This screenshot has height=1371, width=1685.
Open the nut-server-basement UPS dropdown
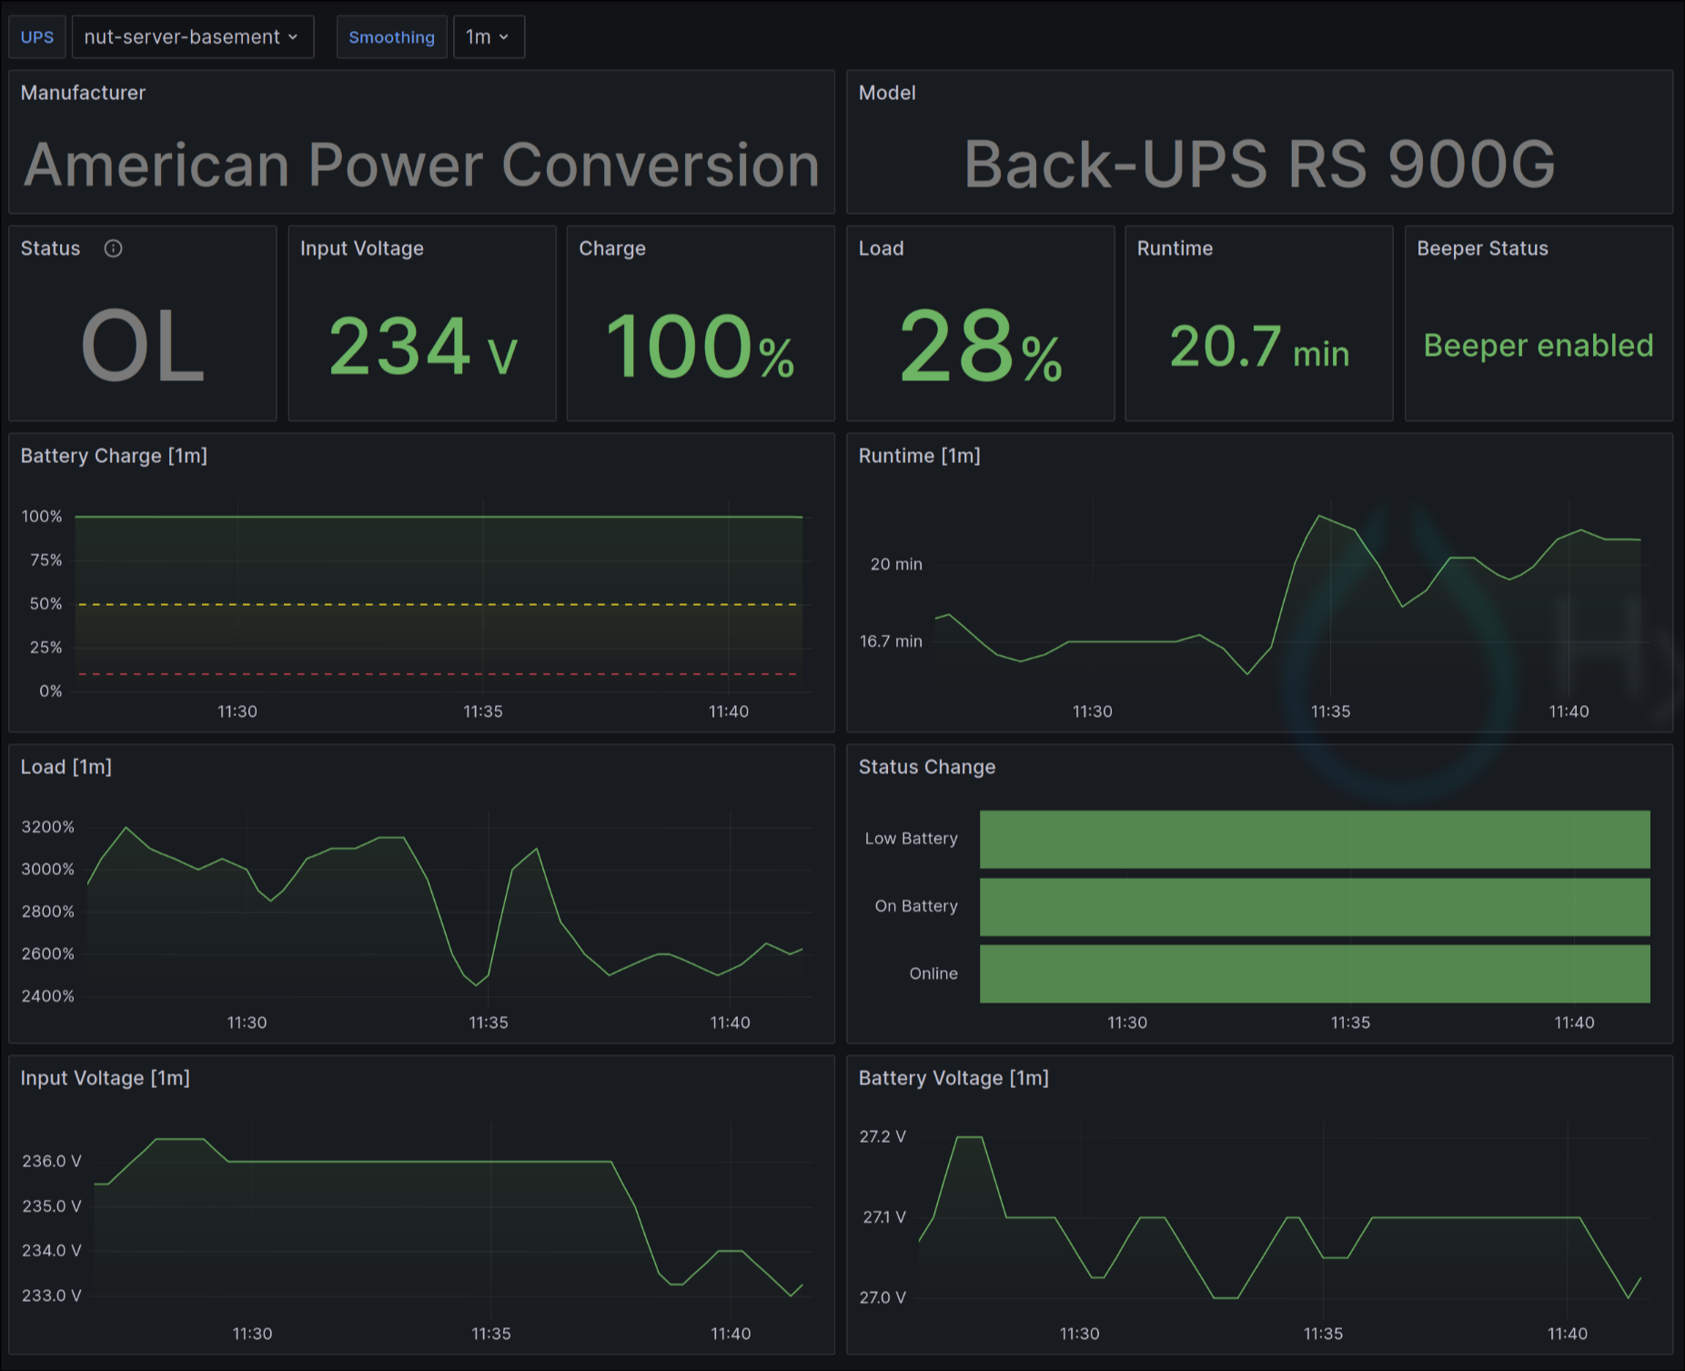click(x=192, y=37)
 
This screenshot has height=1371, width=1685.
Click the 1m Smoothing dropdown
click(x=489, y=37)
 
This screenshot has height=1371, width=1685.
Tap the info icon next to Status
click(x=113, y=248)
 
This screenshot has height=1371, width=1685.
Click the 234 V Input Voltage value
click(x=422, y=348)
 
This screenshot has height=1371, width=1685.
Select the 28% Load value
click(x=980, y=348)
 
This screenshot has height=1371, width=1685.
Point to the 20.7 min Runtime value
click(x=1258, y=348)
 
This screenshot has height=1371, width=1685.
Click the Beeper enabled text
click(x=1538, y=346)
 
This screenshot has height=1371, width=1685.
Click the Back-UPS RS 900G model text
click(x=1259, y=165)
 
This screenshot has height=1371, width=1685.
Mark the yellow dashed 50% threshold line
click(x=437, y=604)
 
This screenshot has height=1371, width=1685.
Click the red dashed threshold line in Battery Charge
click(x=437, y=674)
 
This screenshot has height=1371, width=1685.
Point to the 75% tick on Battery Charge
click(x=45, y=560)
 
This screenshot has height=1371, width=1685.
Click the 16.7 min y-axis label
click(x=891, y=641)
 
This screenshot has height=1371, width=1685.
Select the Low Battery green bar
click(x=1314, y=839)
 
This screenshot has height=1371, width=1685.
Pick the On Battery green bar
click(x=1314, y=906)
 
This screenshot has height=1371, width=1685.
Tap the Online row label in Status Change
click(x=933, y=973)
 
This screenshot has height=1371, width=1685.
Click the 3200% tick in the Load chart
click(x=47, y=827)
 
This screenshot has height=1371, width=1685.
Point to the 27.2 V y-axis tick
click(x=883, y=1136)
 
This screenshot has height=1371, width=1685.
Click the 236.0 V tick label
click(x=52, y=1161)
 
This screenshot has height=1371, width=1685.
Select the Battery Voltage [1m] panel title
click(x=953, y=1078)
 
